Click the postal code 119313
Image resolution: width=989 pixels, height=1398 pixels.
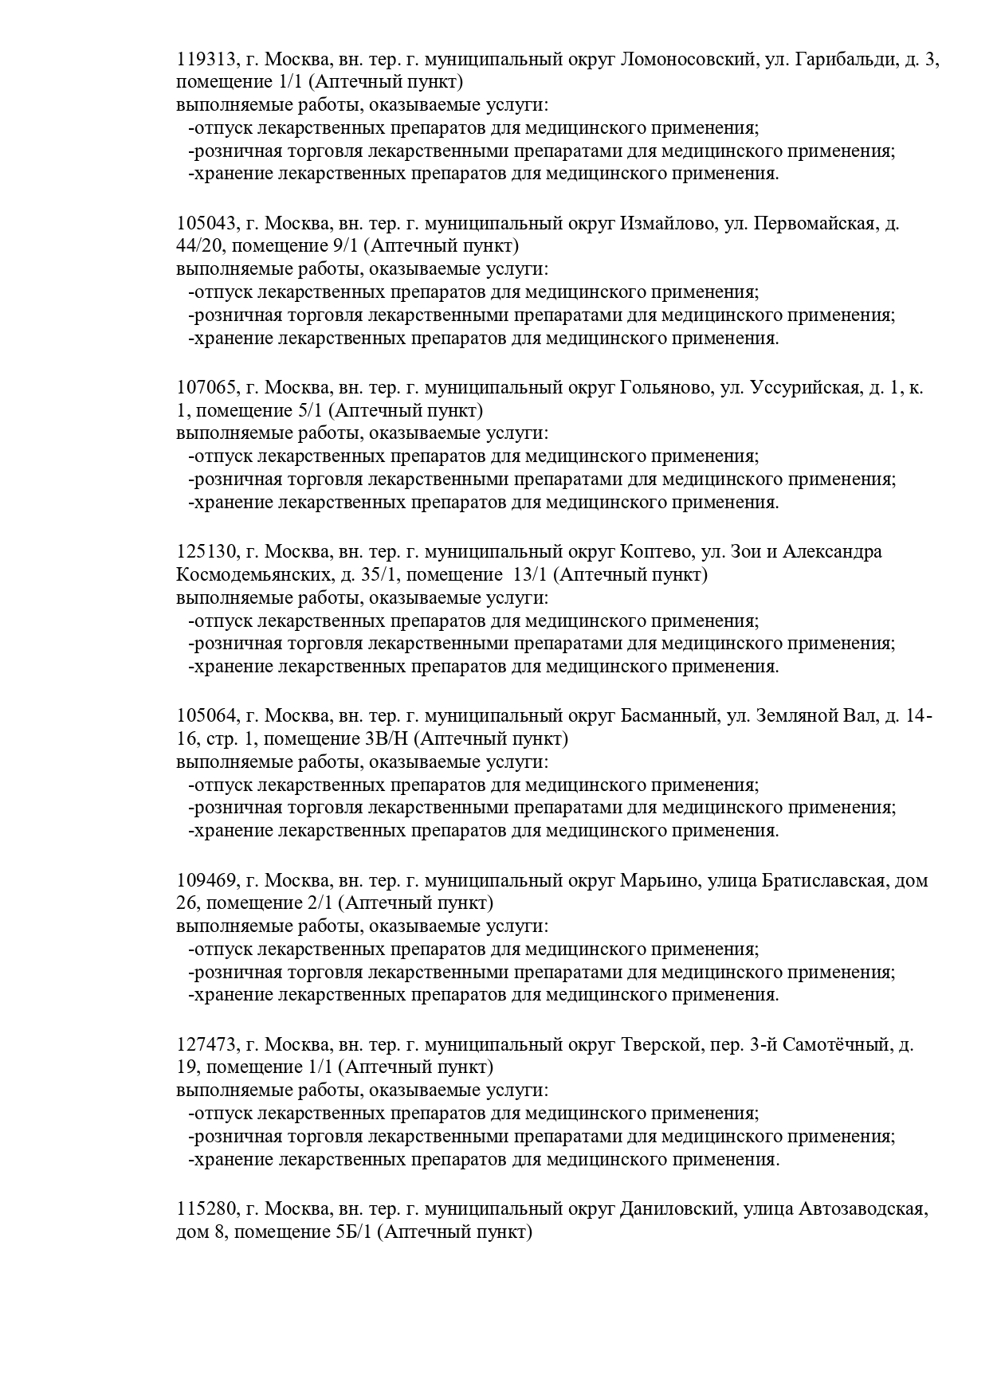[x=206, y=59]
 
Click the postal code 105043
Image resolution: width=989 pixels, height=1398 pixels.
[x=206, y=223]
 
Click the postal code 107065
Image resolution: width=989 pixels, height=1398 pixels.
[x=206, y=388]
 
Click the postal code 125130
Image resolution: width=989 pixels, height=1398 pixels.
[x=206, y=552]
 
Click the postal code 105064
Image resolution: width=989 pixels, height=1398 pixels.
[x=206, y=716]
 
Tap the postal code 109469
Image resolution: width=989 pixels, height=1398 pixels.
[x=206, y=881]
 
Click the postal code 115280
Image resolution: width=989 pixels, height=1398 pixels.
[x=206, y=1209]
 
